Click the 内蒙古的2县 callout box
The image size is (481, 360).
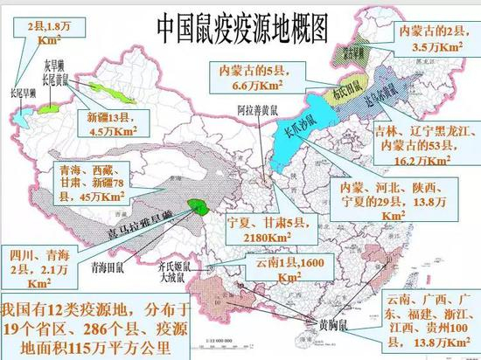[x=429, y=33]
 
